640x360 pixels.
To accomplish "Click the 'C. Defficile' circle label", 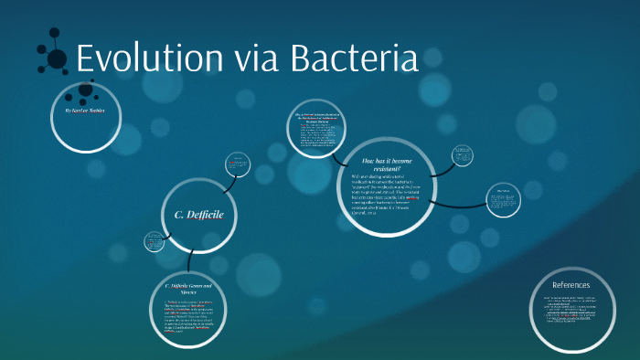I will pyautogui.click(x=199, y=215).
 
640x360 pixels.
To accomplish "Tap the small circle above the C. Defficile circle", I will pyautogui.click(x=237, y=164).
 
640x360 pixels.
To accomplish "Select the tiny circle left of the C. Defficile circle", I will pyautogui.click(x=153, y=242).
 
